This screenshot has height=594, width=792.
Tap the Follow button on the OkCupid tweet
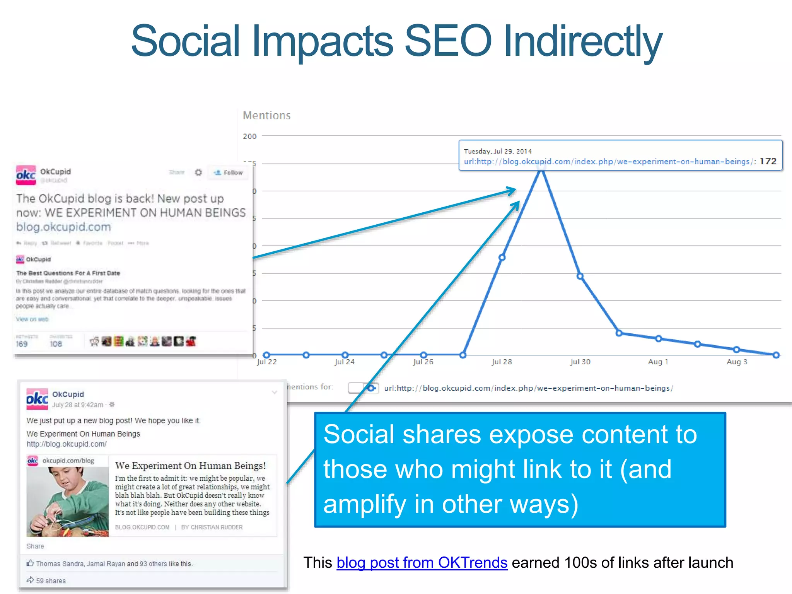tap(229, 172)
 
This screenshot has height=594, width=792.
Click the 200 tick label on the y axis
tap(249, 137)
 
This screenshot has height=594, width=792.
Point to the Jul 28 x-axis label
tap(502, 362)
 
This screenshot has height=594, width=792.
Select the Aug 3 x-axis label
tap(737, 362)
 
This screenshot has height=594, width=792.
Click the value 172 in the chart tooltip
tap(768, 161)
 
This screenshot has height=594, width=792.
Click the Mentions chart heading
tap(266, 115)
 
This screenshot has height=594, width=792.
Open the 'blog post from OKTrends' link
tap(422, 563)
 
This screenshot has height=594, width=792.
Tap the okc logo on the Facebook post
tap(37, 399)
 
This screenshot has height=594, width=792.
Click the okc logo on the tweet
tap(26, 175)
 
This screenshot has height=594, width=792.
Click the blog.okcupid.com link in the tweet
tap(63, 227)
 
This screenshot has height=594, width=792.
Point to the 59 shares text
tap(51, 581)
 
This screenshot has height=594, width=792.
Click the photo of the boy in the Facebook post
tap(68, 502)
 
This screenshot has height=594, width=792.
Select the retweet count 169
tap(22, 344)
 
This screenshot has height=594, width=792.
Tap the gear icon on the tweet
tap(198, 172)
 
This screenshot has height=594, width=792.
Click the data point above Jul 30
tap(580, 276)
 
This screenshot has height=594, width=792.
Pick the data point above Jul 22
tap(266, 355)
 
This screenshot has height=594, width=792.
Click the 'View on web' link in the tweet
tap(32, 319)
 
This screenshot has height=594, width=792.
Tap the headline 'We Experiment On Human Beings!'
tap(190, 466)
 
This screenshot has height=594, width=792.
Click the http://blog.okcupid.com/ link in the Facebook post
tap(66, 444)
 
